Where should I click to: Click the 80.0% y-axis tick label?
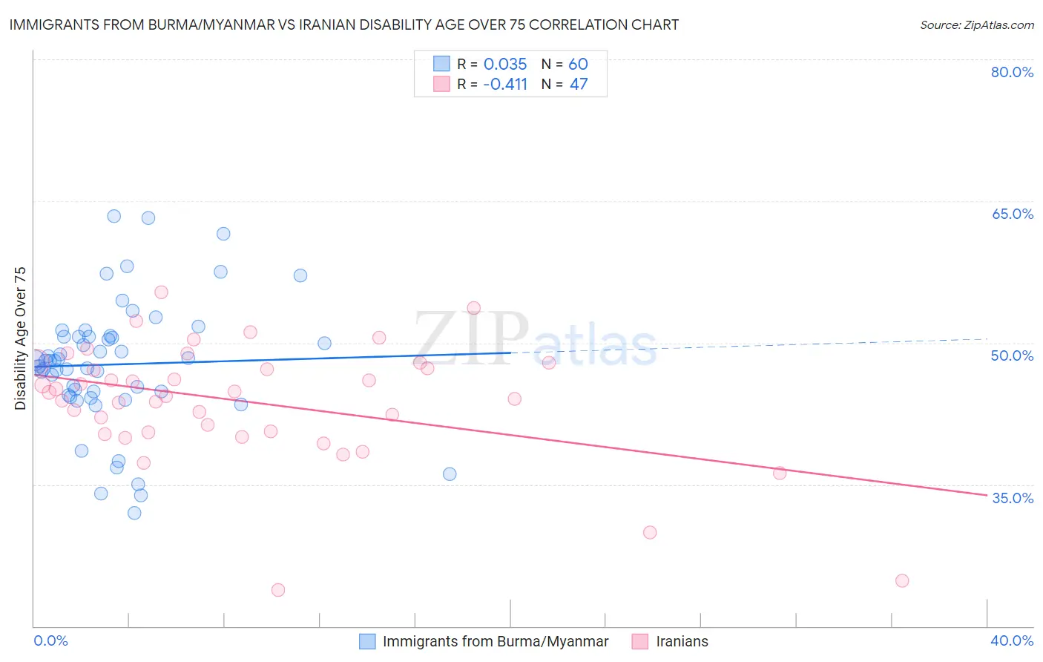pyautogui.click(x=1012, y=72)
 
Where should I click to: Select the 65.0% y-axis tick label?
pyautogui.click(x=1012, y=214)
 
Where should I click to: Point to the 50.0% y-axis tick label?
pyautogui.click(x=1012, y=355)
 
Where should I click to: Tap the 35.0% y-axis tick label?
pyautogui.click(x=1012, y=498)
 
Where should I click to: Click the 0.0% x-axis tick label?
pyautogui.click(x=50, y=640)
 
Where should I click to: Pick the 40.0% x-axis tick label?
pyautogui.click(x=1012, y=640)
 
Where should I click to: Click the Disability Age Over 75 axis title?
pyautogui.click(x=20, y=338)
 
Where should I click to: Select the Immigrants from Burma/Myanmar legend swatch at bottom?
pyautogui.click(x=367, y=641)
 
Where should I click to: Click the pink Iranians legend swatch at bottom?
pyautogui.click(x=640, y=641)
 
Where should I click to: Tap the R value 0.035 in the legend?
pyautogui.click(x=504, y=64)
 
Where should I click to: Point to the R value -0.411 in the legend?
pyautogui.click(x=504, y=84)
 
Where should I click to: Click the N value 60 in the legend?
pyautogui.click(x=578, y=64)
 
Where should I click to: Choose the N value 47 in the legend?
pyautogui.click(x=578, y=84)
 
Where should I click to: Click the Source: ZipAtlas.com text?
pyautogui.click(x=976, y=25)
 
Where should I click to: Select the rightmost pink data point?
pyautogui.click(x=902, y=580)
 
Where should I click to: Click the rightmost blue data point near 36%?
pyautogui.click(x=450, y=474)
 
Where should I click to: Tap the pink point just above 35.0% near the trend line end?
pyautogui.click(x=780, y=473)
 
